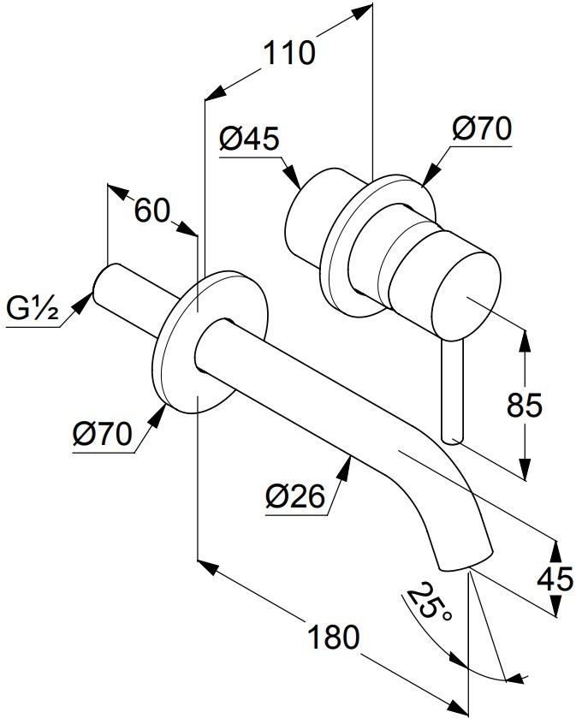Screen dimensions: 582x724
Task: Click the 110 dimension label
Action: (x=289, y=53)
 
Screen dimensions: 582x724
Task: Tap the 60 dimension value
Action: (x=152, y=211)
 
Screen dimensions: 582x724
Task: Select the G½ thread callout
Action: (x=33, y=308)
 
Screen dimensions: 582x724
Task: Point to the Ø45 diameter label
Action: (x=249, y=138)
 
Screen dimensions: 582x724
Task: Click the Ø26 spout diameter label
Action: (x=295, y=496)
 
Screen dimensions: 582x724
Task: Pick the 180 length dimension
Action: (x=333, y=638)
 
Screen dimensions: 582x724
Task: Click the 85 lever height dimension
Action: (x=525, y=405)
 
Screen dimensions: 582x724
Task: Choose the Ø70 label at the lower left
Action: (x=103, y=434)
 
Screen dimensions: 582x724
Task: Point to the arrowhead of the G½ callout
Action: (x=82, y=303)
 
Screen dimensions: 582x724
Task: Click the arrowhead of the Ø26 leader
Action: (x=346, y=471)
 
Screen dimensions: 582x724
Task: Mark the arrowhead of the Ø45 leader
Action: (x=292, y=176)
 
